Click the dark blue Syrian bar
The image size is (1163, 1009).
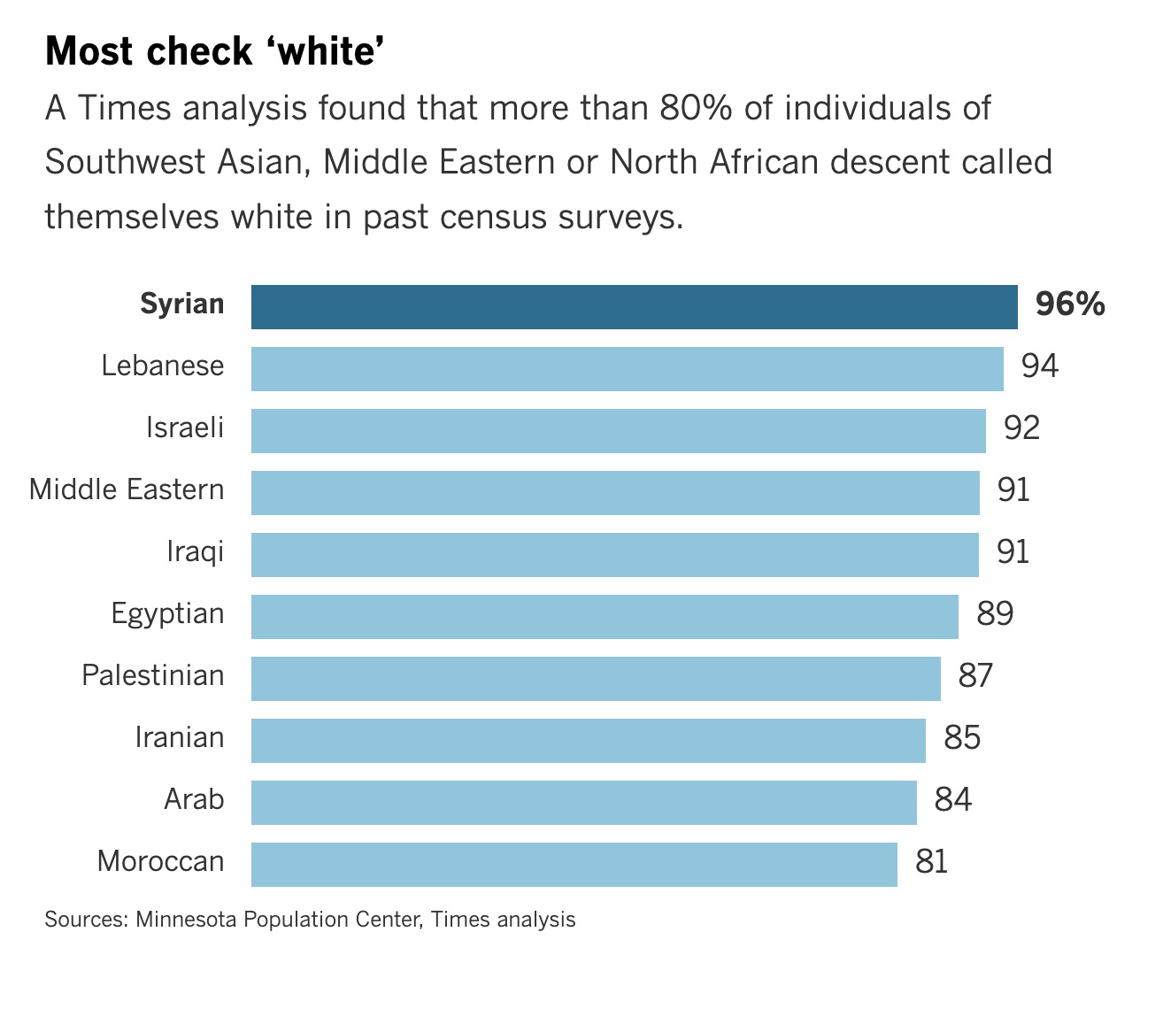tap(634, 307)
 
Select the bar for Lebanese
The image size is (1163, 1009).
tap(627, 369)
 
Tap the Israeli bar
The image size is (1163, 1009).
tap(618, 431)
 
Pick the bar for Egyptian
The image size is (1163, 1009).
tap(605, 617)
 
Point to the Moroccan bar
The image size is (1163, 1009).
tap(574, 865)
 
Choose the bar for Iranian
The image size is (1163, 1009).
tap(588, 741)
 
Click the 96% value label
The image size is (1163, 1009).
tap(1070, 304)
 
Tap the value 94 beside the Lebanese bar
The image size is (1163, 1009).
tap(1040, 366)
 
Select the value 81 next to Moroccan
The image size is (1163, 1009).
tap(932, 862)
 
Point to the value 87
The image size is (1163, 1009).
tap(976, 676)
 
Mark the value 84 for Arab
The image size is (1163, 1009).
tap(953, 800)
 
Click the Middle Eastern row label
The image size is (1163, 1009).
tap(127, 490)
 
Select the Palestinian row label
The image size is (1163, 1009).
tap(153, 676)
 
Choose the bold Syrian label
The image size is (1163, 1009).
tap(182, 304)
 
